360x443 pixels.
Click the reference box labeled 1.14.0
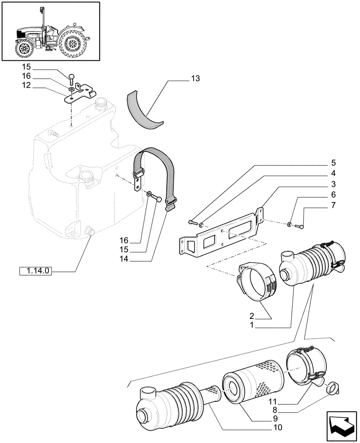[36, 271]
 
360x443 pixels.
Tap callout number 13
[196, 79]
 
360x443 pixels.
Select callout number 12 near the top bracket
[26, 85]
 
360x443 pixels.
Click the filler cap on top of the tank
[102, 105]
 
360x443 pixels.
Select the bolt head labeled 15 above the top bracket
[71, 80]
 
